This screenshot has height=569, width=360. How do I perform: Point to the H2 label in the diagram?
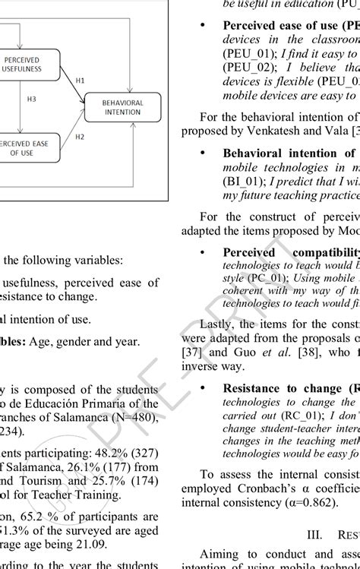[x=80, y=137]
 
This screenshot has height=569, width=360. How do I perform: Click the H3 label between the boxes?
[x=31, y=99]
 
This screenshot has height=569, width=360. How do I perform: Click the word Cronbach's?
[x=256, y=491]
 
